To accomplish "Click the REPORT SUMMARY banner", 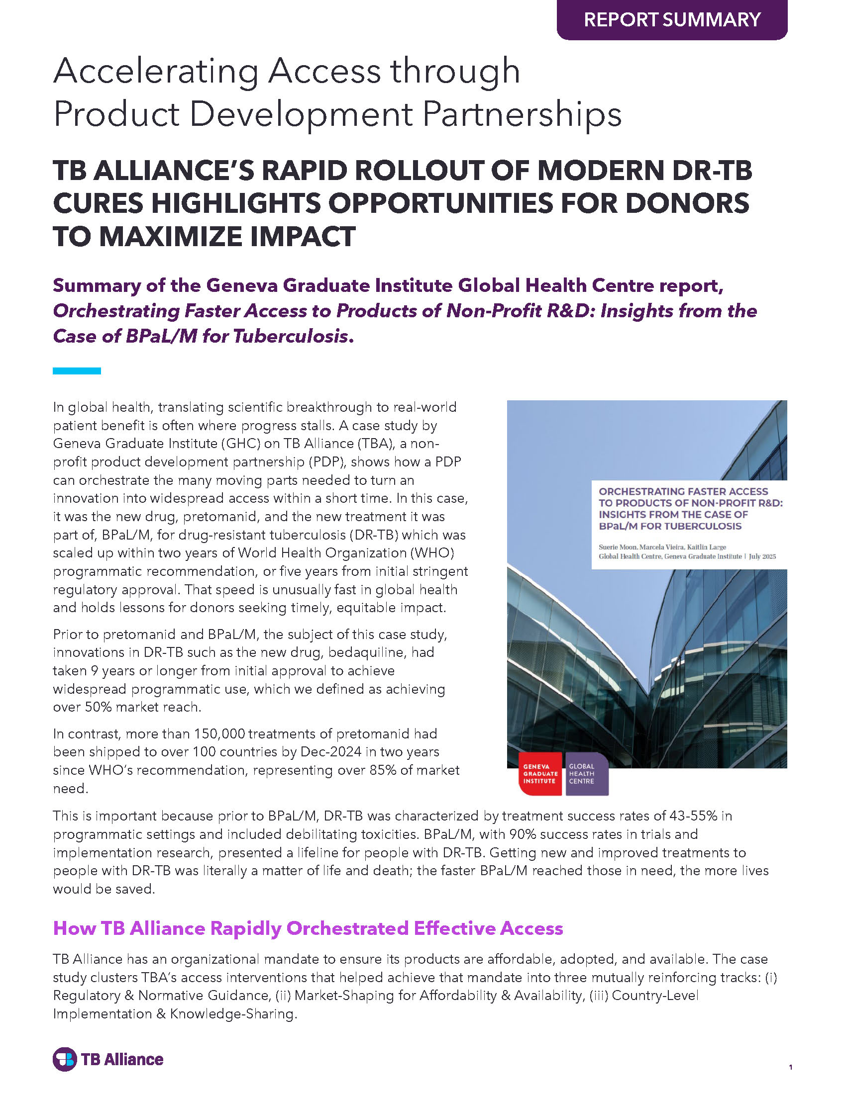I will (672, 19).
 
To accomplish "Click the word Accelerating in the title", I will (156, 71).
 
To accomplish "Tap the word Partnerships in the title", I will (522, 115).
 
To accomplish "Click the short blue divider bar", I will (77, 371).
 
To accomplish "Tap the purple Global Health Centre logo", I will (586, 774).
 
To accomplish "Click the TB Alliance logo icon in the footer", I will (65, 1059).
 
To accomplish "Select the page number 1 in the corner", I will (790, 1067).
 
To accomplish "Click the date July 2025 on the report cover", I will (762, 556).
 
